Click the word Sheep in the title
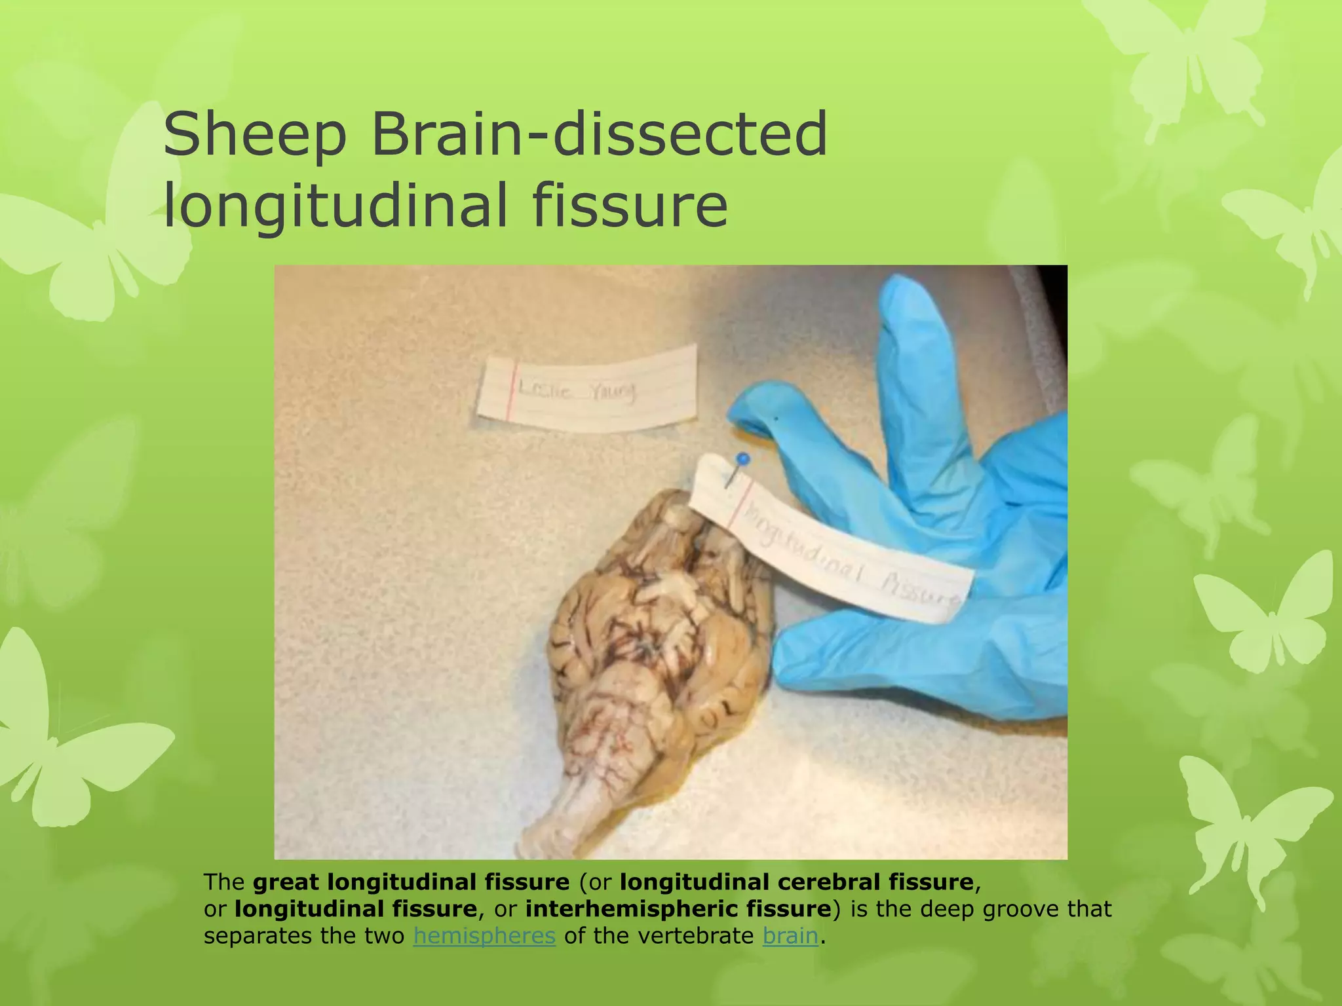click(255, 135)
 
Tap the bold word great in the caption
click(286, 882)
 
